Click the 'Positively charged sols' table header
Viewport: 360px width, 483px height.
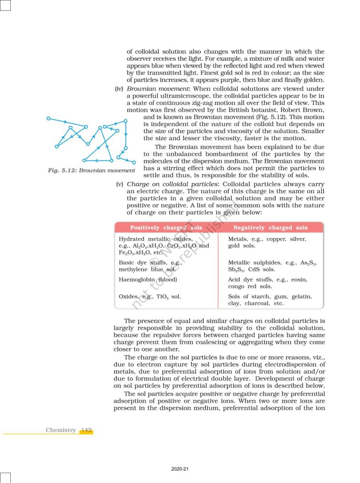166,228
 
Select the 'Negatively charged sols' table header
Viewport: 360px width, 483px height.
270,228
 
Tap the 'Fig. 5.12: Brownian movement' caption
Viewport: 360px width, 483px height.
91,170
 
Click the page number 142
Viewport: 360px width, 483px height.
86,430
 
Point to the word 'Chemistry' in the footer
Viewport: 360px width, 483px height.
61,430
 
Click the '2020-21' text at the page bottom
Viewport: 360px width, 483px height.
180,469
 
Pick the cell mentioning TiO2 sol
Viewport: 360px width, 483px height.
149,297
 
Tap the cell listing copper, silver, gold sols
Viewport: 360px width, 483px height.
266,242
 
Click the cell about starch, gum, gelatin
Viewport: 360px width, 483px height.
270,300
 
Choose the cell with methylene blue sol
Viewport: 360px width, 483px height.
149,266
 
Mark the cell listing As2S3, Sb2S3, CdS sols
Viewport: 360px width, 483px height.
272,266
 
